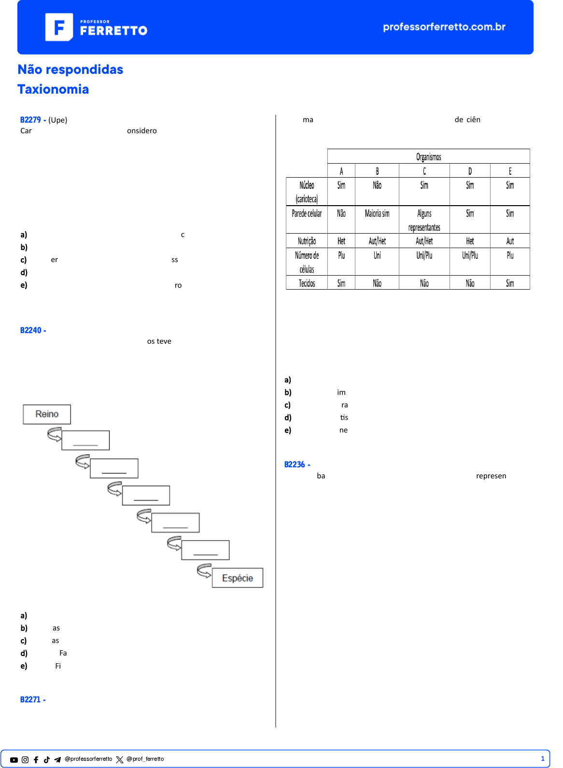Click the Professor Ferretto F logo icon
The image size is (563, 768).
coord(59,27)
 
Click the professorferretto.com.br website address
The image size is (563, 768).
coord(444,27)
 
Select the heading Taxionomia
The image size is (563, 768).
coord(53,89)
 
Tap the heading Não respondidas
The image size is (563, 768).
coord(70,70)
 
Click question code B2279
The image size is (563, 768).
coord(30,120)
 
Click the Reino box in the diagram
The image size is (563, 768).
coord(47,414)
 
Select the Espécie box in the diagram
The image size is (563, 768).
coord(238,578)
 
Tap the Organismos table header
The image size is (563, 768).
coord(428,156)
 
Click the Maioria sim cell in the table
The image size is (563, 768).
coord(377,213)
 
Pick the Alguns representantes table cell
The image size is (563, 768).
coord(424,220)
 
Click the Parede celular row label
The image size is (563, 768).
coord(307,213)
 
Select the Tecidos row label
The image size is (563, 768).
coord(307,283)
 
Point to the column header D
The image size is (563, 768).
coord(470,171)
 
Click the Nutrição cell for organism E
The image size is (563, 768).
coord(510,241)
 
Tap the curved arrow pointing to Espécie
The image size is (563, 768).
coord(204,570)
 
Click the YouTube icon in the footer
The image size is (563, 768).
coord(14,760)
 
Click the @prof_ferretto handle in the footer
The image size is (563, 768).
coord(145,759)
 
